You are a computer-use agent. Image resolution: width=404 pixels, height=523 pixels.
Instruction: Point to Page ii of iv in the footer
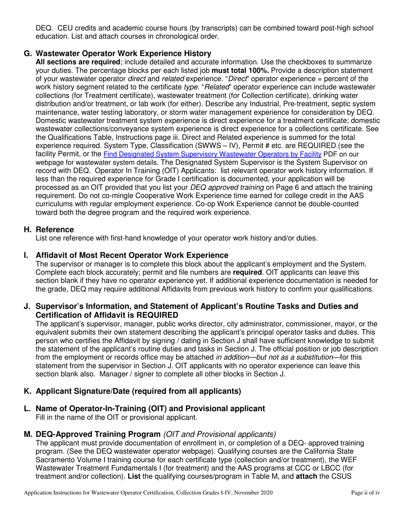[x=365, y=493]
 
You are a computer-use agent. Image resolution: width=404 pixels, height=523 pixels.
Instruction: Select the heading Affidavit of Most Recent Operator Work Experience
[x=132, y=255]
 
